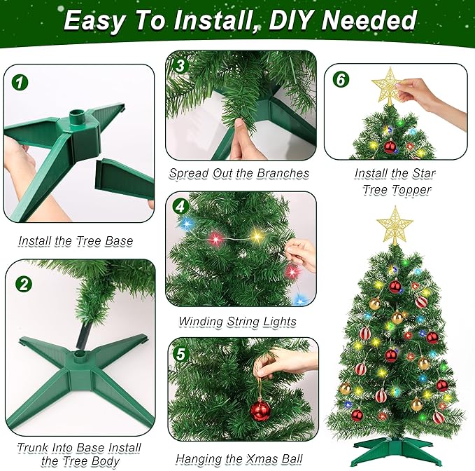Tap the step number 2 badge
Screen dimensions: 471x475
pyautogui.click(x=24, y=284)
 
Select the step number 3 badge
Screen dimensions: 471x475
pyautogui.click(x=180, y=66)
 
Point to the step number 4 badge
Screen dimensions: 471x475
pyautogui.click(x=181, y=207)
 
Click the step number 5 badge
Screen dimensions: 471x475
pyautogui.click(x=181, y=355)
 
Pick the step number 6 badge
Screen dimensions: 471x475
pyautogui.click(x=341, y=79)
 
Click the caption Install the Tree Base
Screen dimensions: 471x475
pyautogui.click(x=76, y=241)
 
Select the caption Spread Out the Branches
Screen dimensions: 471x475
pyautogui.click(x=239, y=173)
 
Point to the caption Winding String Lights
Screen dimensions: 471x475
pyautogui.click(x=238, y=322)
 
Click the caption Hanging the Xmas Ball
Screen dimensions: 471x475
pyautogui.click(x=239, y=459)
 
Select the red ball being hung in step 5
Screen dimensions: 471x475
pyautogui.click(x=261, y=410)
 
